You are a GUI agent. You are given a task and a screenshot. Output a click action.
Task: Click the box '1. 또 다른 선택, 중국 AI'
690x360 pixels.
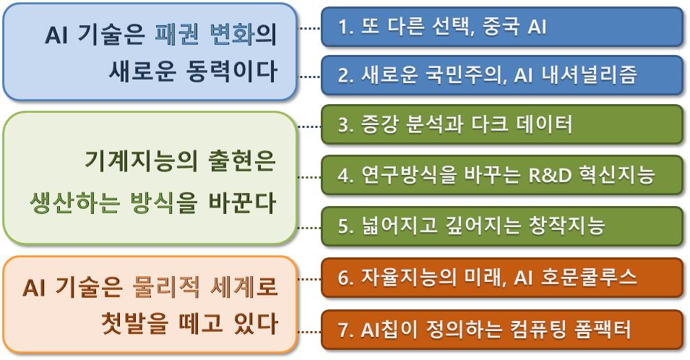coord(502,27)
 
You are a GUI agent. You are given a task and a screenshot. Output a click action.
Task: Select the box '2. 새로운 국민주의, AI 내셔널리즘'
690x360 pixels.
coord(502,76)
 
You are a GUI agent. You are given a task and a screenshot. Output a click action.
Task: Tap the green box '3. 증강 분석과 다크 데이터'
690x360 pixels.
coord(502,125)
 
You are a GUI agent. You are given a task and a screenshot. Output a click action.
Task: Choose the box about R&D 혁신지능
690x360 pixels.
coord(502,175)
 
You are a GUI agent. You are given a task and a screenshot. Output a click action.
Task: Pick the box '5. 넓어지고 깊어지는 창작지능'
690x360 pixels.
coord(502,226)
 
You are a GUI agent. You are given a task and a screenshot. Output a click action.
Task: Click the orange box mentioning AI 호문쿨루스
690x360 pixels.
coord(502,278)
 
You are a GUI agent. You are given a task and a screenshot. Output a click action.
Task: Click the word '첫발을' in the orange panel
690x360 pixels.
coord(134,323)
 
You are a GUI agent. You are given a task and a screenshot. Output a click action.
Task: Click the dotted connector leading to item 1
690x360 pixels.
coord(310,28)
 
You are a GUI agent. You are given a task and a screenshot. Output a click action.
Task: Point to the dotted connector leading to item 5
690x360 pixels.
coord(310,228)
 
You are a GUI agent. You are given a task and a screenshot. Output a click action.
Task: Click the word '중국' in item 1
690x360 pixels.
coord(499,27)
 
